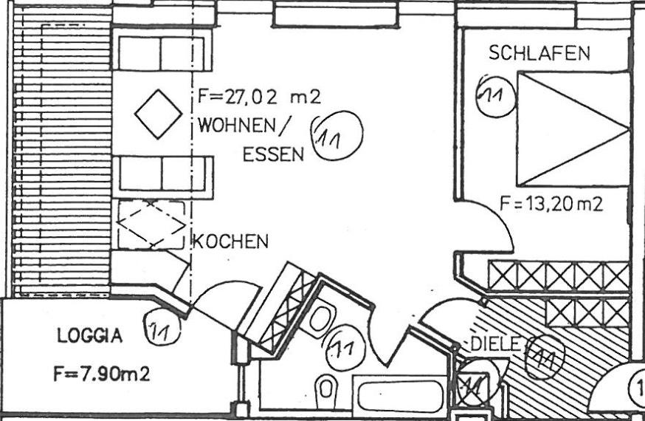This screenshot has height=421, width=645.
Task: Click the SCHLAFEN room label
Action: (540, 53)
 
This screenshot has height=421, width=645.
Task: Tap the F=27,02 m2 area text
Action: (259, 96)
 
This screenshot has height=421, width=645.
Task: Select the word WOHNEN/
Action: (241, 126)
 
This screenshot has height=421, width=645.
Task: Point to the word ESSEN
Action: (273, 154)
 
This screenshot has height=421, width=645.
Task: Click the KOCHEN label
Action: (230, 242)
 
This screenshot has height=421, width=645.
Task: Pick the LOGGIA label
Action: (90, 336)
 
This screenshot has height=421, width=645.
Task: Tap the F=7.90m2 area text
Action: (101, 374)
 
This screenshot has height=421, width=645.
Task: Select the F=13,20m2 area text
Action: (551, 205)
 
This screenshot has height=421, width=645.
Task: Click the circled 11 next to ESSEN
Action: (337, 137)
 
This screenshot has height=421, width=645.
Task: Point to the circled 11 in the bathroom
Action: (342, 346)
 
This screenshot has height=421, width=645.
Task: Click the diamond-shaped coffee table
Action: (158, 113)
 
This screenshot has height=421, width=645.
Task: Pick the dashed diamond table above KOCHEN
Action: (151, 225)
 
